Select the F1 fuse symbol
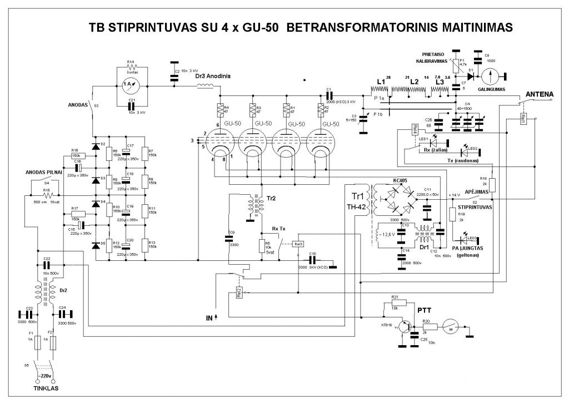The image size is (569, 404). [x=37, y=342]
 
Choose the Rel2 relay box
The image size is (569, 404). [x=239, y=293]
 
